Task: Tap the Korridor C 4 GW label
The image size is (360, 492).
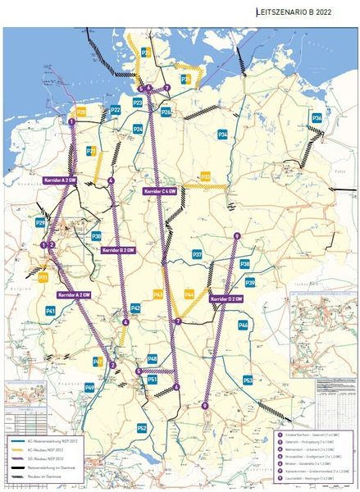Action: pos(160,190)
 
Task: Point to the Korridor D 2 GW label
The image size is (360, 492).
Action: pos(227,299)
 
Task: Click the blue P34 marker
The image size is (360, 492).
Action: pos(222,134)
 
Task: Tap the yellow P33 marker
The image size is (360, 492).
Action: pos(206,176)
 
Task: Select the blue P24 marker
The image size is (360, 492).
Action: pos(138,130)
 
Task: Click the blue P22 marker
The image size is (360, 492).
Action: pos(116,110)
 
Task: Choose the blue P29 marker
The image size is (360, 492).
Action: pos(41,222)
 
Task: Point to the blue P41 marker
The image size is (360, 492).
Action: pos(50,312)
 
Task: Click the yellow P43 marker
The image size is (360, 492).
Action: pos(158,294)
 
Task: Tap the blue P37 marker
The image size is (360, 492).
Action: pos(197,255)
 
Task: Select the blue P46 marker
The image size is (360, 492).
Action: pos(243,326)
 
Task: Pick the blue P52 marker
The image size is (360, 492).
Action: pos(142,428)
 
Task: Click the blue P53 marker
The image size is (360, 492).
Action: pos(248,380)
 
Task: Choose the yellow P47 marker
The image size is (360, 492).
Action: pos(98,362)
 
